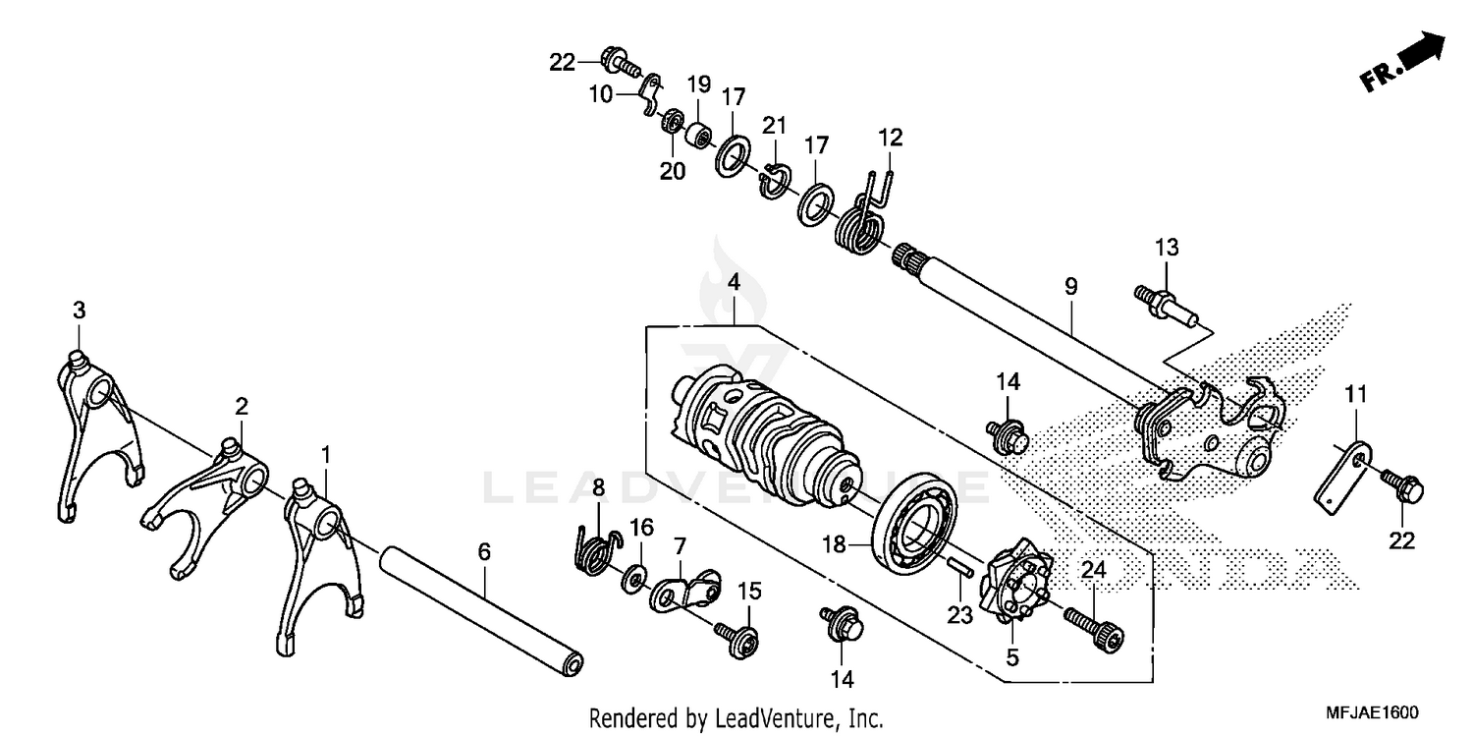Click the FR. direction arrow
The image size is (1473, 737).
pyautogui.click(x=1406, y=64)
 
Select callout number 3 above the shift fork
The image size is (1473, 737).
pyautogui.click(x=79, y=311)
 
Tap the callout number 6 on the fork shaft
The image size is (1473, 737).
pyautogui.click(x=483, y=553)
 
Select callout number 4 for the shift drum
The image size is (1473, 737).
pyautogui.click(x=734, y=283)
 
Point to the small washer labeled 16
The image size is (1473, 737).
pyautogui.click(x=632, y=574)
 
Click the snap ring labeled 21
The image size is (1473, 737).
pyautogui.click(x=775, y=179)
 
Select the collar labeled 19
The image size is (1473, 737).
pyautogui.click(x=699, y=133)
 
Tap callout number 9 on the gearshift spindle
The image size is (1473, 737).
pyautogui.click(x=1070, y=287)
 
